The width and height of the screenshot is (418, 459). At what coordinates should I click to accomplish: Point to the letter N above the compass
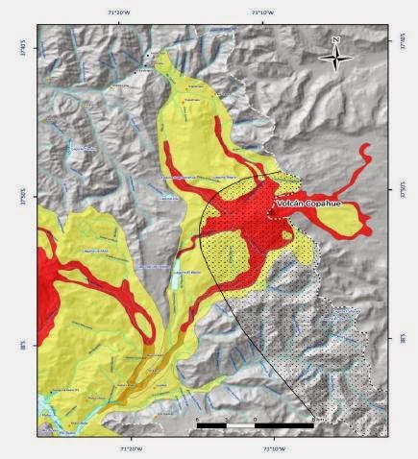point(334,40)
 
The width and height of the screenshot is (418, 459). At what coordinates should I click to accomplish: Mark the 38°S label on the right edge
point(390,338)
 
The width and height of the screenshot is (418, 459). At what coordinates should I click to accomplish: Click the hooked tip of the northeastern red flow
point(365,150)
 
